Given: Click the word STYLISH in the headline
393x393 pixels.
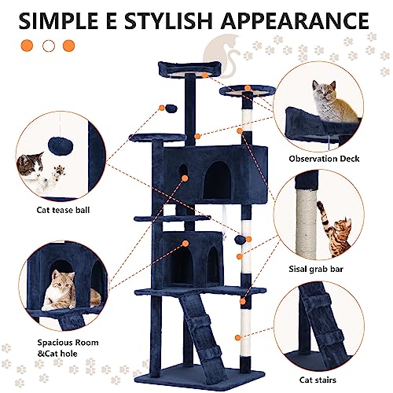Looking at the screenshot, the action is tap(168, 20).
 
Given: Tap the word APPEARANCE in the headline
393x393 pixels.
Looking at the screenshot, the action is tap(296, 20).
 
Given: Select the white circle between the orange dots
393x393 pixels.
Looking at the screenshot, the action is tap(49, 46).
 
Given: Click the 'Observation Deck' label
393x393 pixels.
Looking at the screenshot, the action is tap(324, 159).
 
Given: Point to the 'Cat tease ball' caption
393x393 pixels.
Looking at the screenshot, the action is tap(63, 210).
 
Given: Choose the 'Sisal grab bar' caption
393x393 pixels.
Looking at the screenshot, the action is tap(316, 269).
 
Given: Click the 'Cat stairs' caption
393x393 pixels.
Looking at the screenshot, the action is tap(318, 380).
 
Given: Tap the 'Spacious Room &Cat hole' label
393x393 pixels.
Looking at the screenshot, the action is tap(68, 348).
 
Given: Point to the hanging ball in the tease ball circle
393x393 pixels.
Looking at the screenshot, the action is tap(61, 146).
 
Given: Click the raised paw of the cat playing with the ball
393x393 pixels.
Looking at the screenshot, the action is tap(59, 172).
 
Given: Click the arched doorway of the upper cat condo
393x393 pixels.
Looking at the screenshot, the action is tap(217, 180).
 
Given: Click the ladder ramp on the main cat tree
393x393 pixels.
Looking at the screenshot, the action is tap(203, 331).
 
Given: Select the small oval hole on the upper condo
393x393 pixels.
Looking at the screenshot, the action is tap(183, 171).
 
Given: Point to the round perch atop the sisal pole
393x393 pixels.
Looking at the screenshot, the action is tap(248, 90).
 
